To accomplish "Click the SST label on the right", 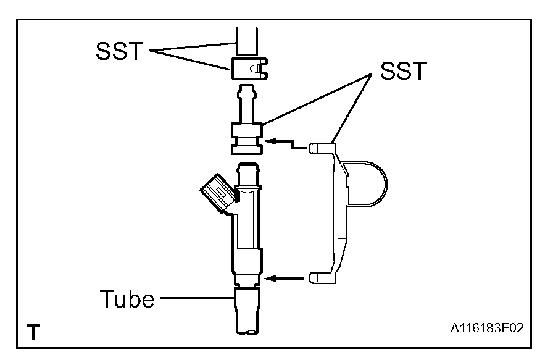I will click(403, 72).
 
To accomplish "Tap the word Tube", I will click(127, 300).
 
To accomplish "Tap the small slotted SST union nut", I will click(249, 67).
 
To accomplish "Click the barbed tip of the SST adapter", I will click(247, 93).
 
